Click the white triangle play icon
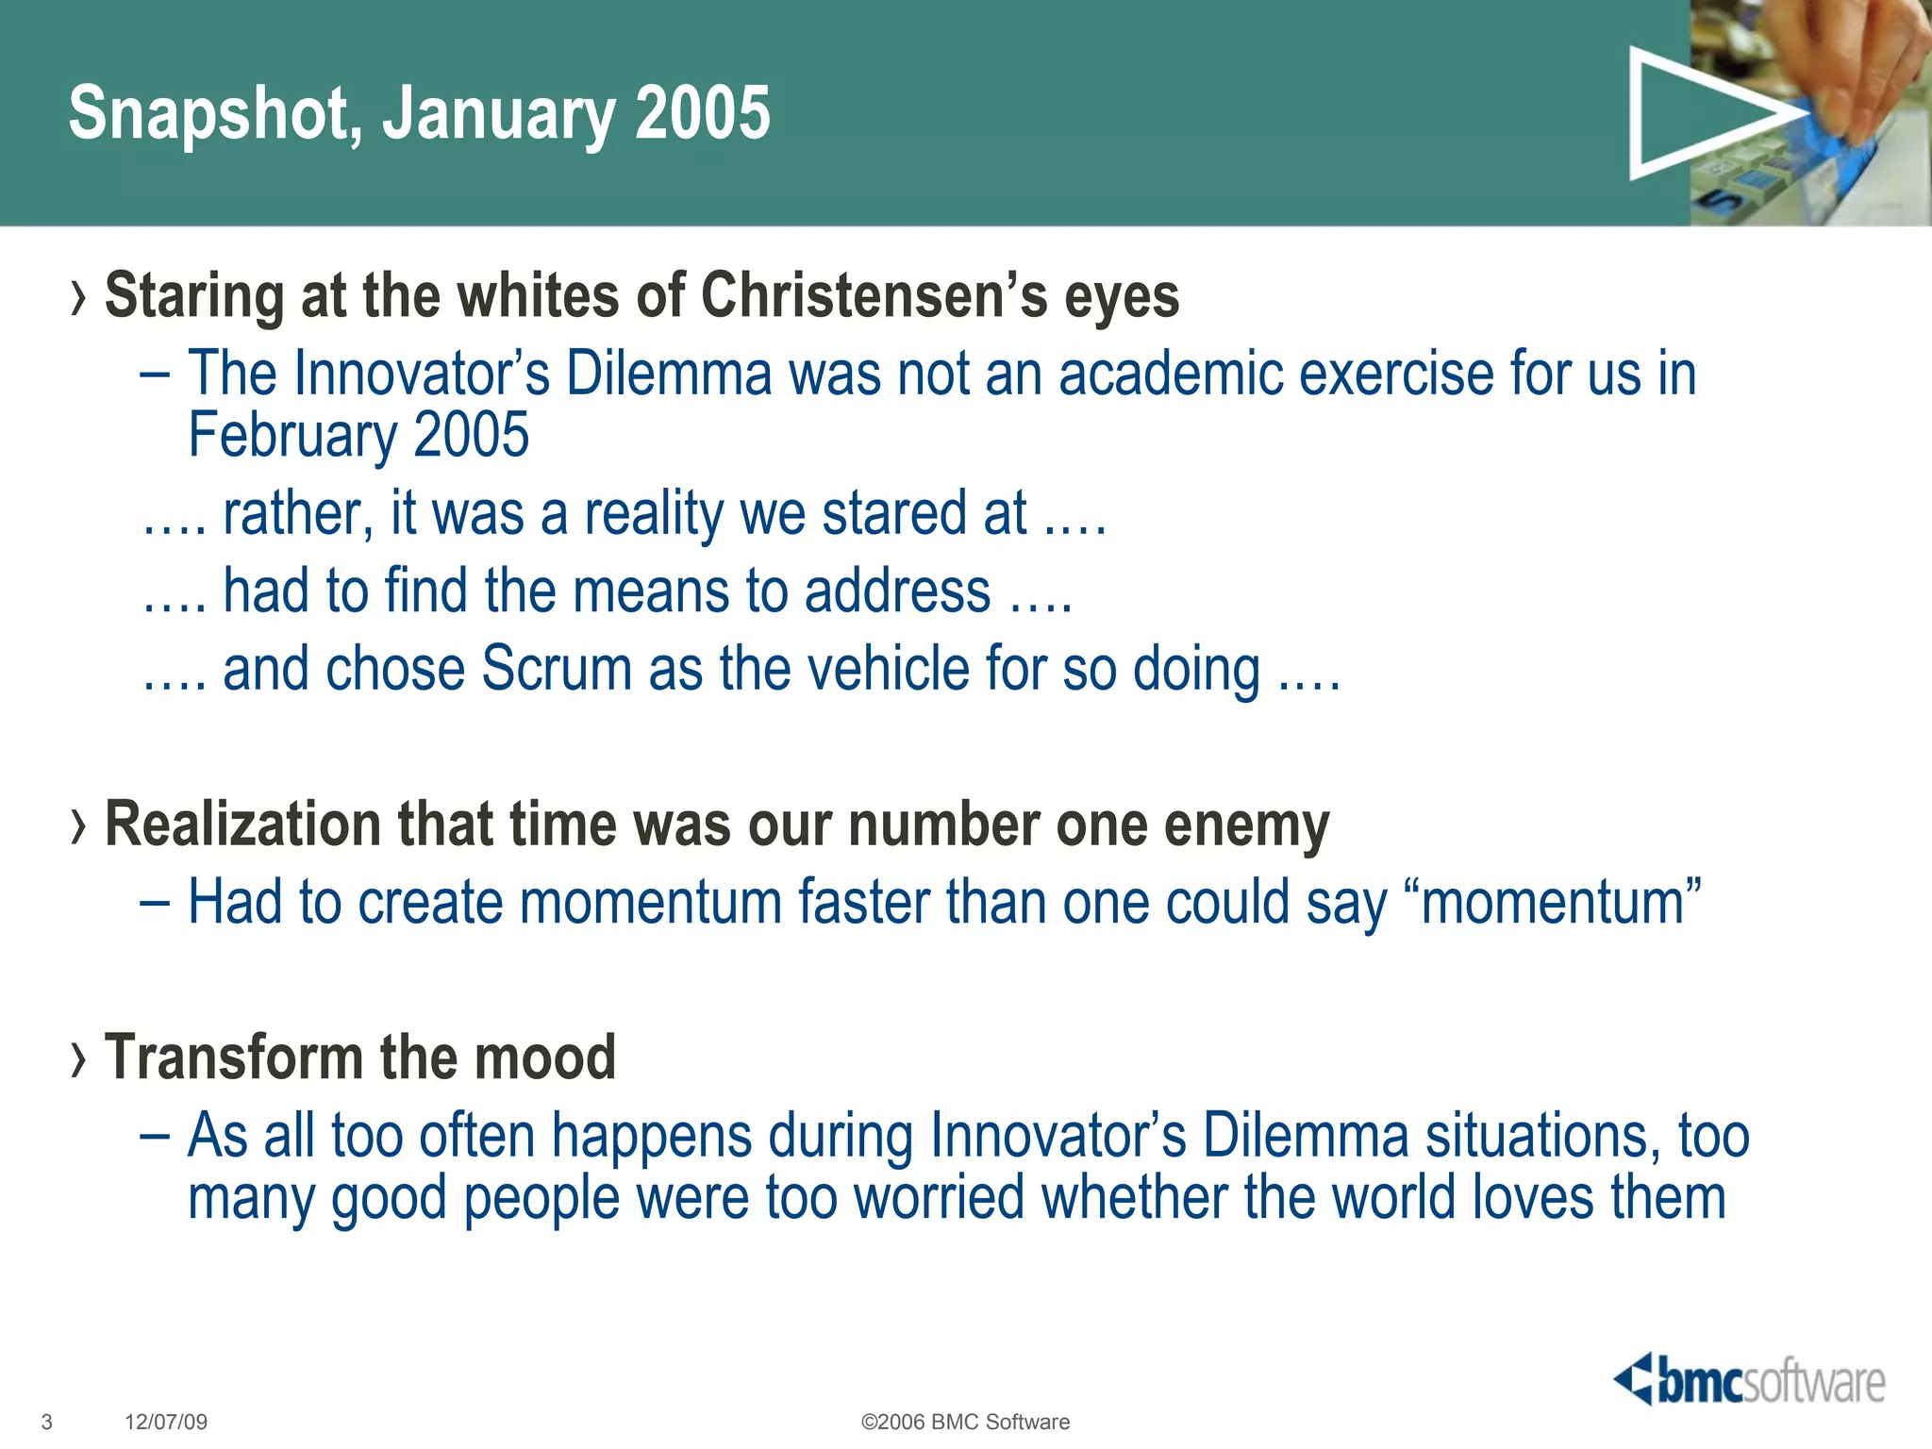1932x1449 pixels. point(1698,114)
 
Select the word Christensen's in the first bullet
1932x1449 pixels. point(874,295)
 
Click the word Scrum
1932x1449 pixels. point(557,669)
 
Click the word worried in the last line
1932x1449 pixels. point(939,1197)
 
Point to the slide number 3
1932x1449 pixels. point(47,1422)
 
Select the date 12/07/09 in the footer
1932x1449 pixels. point(166,1422)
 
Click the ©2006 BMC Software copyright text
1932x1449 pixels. point(965,1422)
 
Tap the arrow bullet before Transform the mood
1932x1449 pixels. point(78,1059)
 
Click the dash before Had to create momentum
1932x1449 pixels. point(154,903)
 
